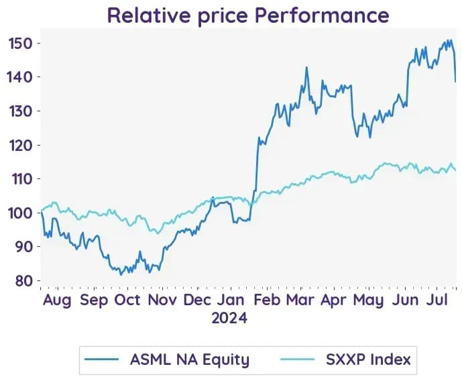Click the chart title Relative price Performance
[248, 15]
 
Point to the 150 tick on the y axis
[20, 44]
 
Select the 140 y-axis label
[19, 77]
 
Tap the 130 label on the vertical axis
[20, 111]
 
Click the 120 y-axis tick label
[20, 146]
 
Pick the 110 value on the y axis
[21, 179]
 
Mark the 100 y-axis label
[20, 213]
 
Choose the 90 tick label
[24, 246]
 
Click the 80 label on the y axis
[24, 280]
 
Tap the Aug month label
[57, 301]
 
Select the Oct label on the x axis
[127, 300]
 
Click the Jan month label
[231, 300]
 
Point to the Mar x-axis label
[300, 300]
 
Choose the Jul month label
[437, 300]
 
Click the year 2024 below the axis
[229, 318]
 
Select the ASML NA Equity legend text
[190, 360]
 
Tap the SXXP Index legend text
[368, 359]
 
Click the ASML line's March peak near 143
[306, 67]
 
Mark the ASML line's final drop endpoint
[455, 82]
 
